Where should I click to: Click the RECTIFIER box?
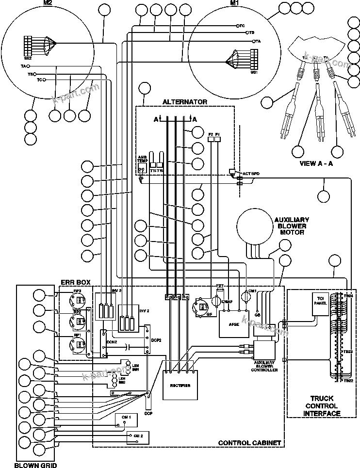[180, 386]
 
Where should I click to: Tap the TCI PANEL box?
[319, 304]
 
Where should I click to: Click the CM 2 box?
[138, 436]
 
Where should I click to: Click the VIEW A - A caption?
[316, 163]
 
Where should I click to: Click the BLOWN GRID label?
[35, 465]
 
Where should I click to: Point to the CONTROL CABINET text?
[249, 443]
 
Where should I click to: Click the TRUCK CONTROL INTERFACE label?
[322, 406]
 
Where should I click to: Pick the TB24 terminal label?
[350, 295]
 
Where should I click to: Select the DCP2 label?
[156, 340]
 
